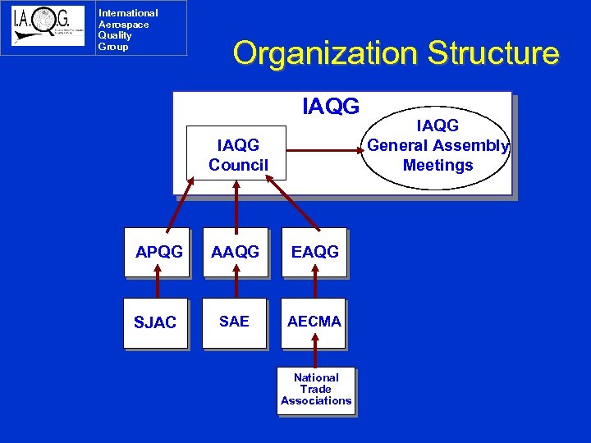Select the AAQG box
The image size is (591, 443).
[236, 253]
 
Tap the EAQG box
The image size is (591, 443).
[314, 253]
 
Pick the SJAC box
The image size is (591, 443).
[157, 322]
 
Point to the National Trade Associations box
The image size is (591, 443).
[316, 390]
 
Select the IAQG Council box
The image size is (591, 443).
[237, 153]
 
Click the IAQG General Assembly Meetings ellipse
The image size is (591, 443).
[438, 146]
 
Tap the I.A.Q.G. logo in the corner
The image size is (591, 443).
[48, 27]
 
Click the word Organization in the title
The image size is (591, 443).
[324, 53]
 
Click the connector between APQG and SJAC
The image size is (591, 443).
[158, 287]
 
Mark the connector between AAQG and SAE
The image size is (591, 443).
[236, 287]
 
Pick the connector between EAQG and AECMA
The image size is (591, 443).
[315, 287]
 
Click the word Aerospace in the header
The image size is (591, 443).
[123, 25]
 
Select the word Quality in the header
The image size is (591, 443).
[115, 35]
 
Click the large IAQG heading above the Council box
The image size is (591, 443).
[331, 107]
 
